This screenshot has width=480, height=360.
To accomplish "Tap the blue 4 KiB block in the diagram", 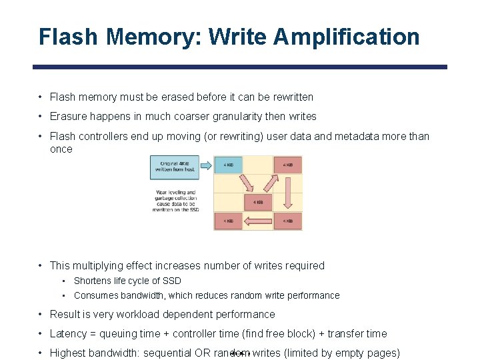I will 228,165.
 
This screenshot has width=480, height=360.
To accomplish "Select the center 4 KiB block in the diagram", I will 258,201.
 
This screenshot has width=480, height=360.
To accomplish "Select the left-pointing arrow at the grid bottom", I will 258,221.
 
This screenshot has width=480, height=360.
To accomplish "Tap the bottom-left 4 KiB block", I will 228,221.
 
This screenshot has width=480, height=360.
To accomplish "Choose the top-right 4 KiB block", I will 287,165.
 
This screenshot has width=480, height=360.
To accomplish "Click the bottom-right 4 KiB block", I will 287,221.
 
